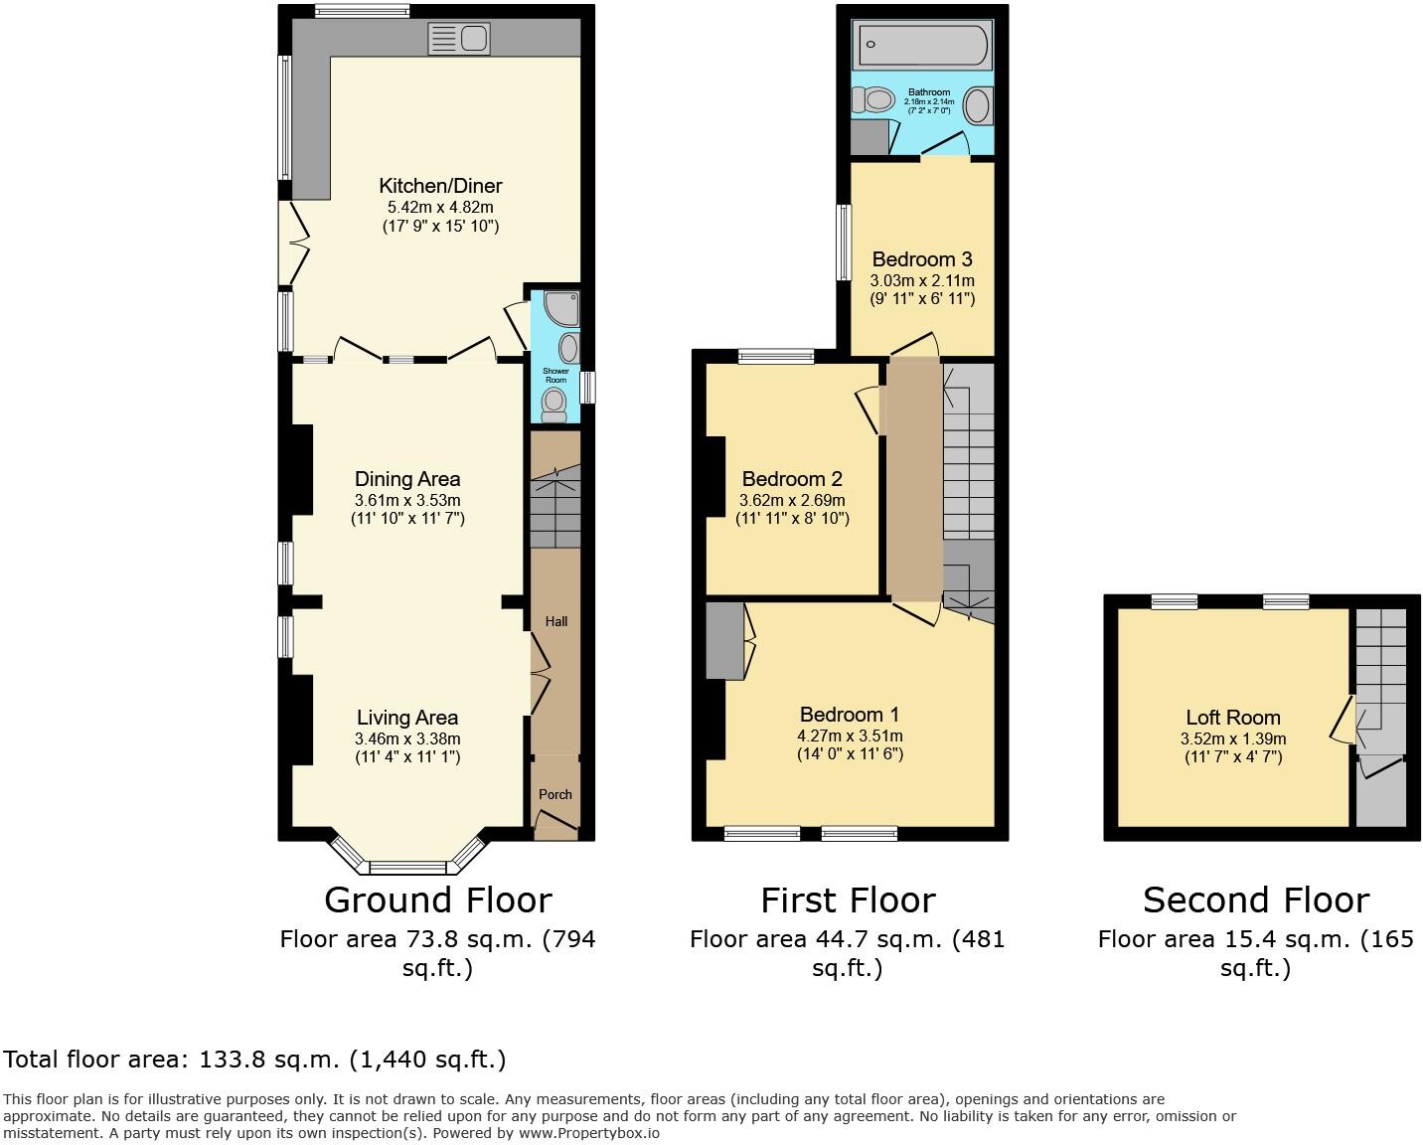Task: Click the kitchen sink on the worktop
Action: click(x=458, y=39)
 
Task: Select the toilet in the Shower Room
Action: click(x=553, y=404)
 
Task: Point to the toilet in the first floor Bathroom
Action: click(x=874, y=99)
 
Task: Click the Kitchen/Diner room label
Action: click(x=440, y=186)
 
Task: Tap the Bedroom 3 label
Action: click(x=922, y=260)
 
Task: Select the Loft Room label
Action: click(x=1232, y=718)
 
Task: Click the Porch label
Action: click(x=555, y=794)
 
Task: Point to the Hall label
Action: click(x=555, y=621)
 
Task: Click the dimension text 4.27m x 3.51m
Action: click(x=850, y=736)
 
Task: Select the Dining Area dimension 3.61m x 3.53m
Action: click(x=407, y=500)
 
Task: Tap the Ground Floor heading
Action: click(x=437, y=900)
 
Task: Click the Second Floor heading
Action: click(x=1255, y=900)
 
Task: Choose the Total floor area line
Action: click(x=255, y=1060)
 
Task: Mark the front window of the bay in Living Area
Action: click(x=407, y=867)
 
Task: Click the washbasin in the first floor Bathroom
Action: click(x=978, y=106)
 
